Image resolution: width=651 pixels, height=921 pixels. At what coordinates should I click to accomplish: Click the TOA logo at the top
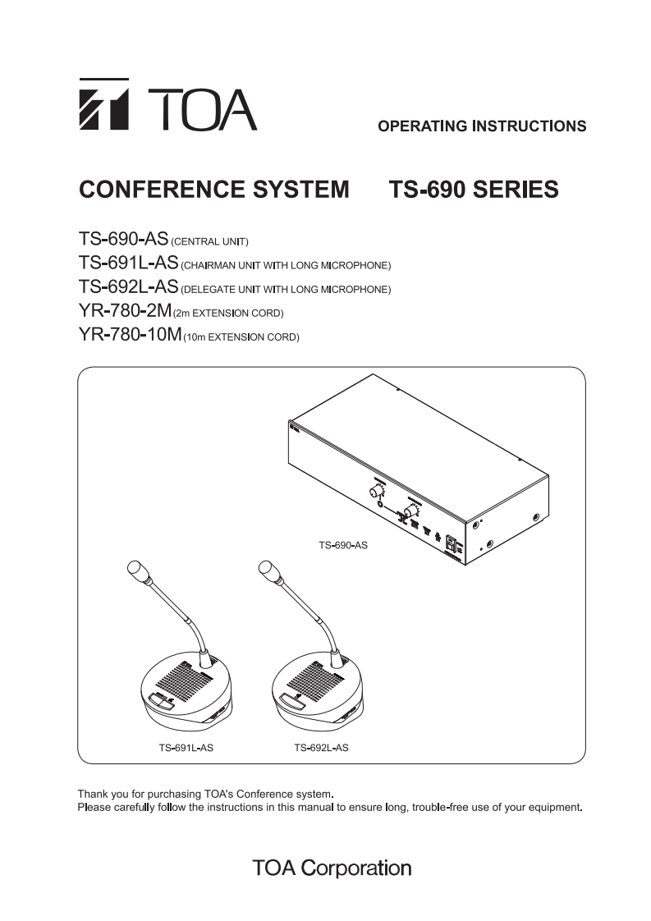pyautogui.click(x=167, y=104)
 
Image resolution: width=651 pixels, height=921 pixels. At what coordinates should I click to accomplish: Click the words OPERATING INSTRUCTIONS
pyautogui.click(x=482, y=126)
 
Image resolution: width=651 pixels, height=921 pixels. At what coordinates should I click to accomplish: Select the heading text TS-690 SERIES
pyautogui.click(x=473, y=190)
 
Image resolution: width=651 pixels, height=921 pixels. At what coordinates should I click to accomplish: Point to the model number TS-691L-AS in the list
pyautogui.click(x=129, y=263)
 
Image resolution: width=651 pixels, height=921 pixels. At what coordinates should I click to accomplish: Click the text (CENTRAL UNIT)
pyautogui.click(x=209, y=242)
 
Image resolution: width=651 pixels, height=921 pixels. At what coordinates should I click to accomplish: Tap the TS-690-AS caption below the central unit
pyautogui.click(x=342, y=543)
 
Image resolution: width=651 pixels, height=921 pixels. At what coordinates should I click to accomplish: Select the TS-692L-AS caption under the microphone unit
pyautogui.click(x=321, y=748)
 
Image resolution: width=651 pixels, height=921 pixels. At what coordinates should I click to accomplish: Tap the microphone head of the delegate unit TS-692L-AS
pyautogui.click(x=266, y=570)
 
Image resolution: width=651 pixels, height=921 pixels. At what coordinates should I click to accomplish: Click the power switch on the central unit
pyautogui.click(x=450, y=543)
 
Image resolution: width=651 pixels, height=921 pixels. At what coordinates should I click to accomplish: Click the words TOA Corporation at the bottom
pyautogui.click(x=331, y=868)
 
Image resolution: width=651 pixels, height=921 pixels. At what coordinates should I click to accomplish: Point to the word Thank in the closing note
pyautogui.click(x=93, y=794)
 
